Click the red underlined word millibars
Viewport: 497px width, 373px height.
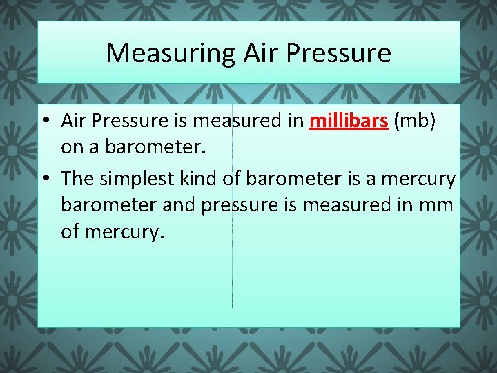[349, 121]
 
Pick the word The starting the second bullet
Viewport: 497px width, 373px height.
[77, 179]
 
